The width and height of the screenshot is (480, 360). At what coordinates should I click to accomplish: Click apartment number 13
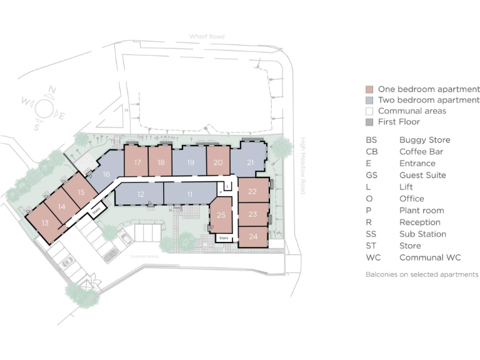click(45, 222)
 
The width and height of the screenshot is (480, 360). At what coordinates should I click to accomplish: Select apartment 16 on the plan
click(106, 175)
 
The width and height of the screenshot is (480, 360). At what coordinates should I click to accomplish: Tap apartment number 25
click(221, 215)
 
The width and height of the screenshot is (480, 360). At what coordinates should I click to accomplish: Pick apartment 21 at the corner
click(250, 163)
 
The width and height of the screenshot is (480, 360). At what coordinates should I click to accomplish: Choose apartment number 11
click(189, 194)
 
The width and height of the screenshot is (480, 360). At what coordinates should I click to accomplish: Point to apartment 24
click(253, 237)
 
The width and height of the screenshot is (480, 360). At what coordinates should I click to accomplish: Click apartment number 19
click(191, 163)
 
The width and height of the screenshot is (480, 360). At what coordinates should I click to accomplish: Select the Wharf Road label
click(206, 37)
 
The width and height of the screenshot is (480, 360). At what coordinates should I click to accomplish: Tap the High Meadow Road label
click(302, 166)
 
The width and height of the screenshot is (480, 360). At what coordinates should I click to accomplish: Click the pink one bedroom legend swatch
click(369, 89)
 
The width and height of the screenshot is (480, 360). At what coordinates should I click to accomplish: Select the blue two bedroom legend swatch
click(369, 100)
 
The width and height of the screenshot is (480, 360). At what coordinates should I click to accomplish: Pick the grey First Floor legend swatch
click(369, 122)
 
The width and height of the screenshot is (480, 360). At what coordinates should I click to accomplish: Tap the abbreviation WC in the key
click(372, 257)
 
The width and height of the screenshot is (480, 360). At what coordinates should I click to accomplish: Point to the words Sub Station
click(422, 234)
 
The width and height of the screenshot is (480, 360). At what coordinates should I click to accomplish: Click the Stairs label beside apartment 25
click(223, 238)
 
